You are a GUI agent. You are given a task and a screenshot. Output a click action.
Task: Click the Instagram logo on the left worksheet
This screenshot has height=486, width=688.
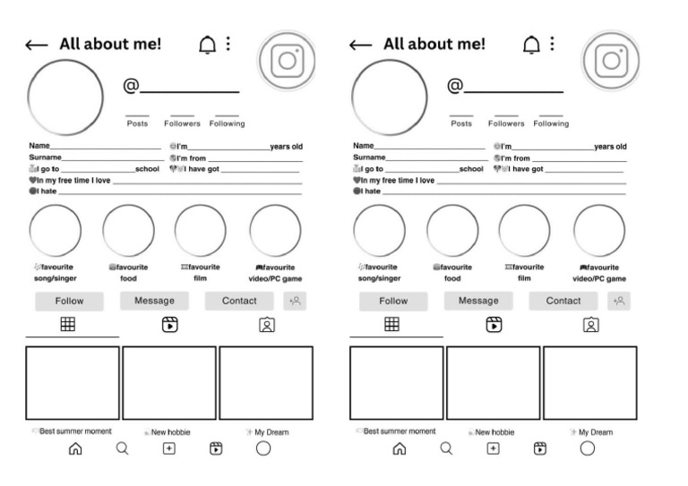pyautogui.click(x=288, y=60)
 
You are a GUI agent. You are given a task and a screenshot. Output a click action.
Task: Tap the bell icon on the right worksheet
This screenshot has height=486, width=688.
pyautogui.click(x=531, y=44)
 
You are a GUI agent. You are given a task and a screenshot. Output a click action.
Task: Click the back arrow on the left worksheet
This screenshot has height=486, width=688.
pyautogui.click(x=37, y=46)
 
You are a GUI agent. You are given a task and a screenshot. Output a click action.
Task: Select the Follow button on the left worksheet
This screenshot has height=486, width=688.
pyautogui.click(x=69, y=301)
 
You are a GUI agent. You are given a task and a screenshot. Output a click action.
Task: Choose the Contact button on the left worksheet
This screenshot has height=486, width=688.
pyautogui.click(x=239, y=301)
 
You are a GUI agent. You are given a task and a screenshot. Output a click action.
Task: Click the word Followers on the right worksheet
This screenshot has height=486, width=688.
pyautogui.click(x=506, y=124)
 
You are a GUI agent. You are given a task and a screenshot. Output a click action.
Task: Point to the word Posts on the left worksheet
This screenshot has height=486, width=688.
pyautogui.click(x=137, y=124)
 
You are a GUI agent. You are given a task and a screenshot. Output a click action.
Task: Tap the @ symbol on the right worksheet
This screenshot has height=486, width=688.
pyautogui.click(x=455, y=86)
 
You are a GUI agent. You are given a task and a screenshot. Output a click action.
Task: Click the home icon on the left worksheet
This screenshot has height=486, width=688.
pyautogui.click(x=75, y=448)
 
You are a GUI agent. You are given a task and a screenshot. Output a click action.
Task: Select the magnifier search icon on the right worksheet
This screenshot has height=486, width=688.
pyautogui.click(x=446, y=448)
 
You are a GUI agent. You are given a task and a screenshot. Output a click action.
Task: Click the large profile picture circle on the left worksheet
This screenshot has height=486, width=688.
pyautogui.click(x=66, y=98)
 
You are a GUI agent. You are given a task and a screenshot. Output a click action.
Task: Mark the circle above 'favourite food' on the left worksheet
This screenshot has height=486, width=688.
pyautogui.click(x=128, y=230)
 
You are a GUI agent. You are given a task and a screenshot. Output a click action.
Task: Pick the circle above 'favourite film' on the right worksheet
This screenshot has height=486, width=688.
pyautogui.click(x=524, y=230)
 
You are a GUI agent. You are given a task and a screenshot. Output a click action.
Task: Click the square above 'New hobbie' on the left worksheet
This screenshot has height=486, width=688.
pyautogui.click(x=169, y=382)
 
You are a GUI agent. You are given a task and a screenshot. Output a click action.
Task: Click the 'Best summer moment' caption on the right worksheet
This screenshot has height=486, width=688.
pyautogui.click(x=399, y=431)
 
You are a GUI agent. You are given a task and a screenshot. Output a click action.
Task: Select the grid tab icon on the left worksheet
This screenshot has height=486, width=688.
pyautogui.click(x=67, y=325)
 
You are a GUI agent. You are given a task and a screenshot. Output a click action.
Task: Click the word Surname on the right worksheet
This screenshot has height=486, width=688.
pyautogui.click(x=369, y=158)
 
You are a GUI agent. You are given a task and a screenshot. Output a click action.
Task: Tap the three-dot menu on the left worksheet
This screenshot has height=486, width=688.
pyautogui.click(x=228, y=43)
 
